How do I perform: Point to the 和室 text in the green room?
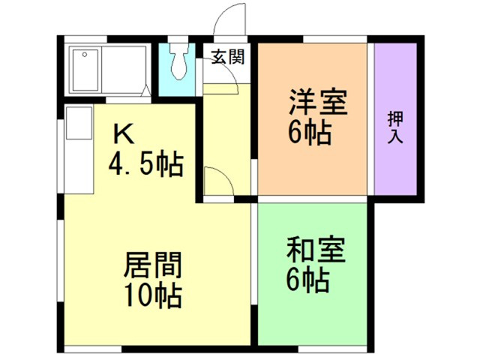pos(316,249)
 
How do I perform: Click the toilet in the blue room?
pos(178,63)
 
